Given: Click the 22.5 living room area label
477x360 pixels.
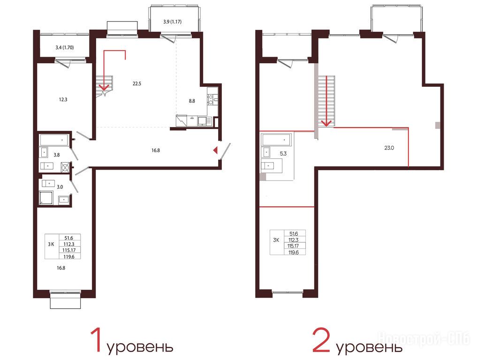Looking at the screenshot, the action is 137,83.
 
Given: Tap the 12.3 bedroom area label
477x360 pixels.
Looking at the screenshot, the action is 63,99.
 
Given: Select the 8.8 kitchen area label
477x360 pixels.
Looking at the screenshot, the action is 192,101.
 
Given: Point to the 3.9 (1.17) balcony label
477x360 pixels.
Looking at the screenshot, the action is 173,22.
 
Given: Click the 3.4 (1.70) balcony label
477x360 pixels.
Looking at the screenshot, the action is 65,47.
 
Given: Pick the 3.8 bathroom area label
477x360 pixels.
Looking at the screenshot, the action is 57,155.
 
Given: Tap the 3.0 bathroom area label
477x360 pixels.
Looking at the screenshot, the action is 60,187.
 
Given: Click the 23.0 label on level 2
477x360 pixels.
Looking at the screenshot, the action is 389,148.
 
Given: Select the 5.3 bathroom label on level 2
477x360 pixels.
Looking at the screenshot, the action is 283,154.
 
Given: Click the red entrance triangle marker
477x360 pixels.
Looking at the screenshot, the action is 215,150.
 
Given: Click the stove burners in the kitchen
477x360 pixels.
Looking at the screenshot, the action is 210,97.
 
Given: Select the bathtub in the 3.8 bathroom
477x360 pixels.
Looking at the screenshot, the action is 53,140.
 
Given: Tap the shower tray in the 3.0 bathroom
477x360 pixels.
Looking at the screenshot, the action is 46,197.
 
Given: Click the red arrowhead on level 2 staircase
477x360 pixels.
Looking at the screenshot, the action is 326,122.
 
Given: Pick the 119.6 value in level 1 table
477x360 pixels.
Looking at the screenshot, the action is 69,256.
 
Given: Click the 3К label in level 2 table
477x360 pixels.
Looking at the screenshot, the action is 276,240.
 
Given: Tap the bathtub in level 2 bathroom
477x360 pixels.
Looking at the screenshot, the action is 277,140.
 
